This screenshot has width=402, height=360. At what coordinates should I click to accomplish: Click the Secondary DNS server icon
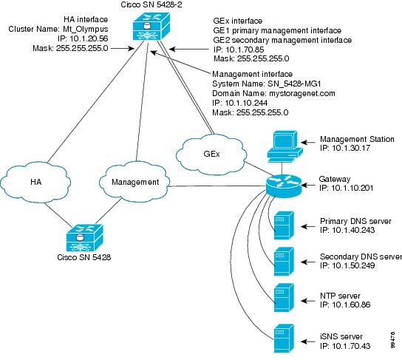[281, 261]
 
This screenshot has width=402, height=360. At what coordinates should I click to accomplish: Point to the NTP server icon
[281, 297]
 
